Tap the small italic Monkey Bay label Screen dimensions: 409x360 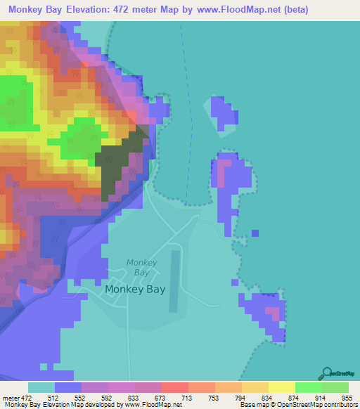141,267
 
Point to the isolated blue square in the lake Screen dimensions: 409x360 255,233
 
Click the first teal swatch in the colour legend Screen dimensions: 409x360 41,387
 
